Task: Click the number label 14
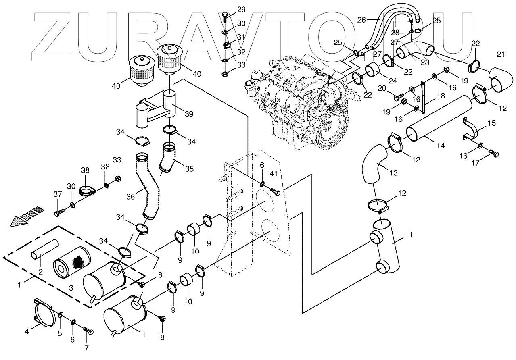[441, 146]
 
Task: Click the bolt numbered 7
[88, 331]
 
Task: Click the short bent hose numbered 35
[169, 160]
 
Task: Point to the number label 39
[188, 114]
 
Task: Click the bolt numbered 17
[494, 153]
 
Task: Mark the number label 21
[501, 54]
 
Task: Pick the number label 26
[361, 19]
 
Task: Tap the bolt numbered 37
[59, 211]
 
